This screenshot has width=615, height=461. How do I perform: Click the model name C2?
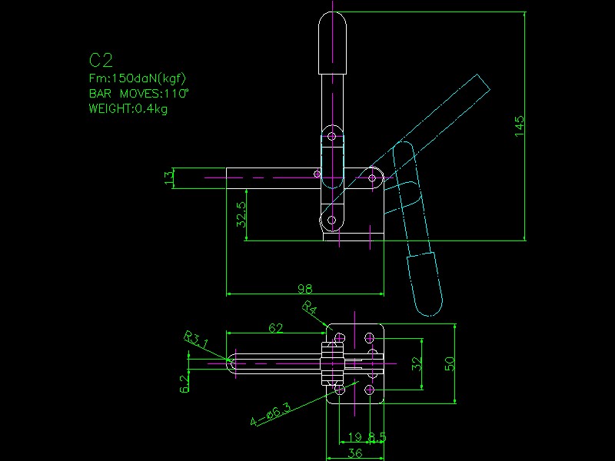coord(101,61)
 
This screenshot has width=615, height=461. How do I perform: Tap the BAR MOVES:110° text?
coord(138,94)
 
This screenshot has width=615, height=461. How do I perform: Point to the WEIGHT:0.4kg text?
coord(128,109)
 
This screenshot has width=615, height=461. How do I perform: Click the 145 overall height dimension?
coord(520,126)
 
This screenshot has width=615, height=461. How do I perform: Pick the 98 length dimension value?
coord(304,289)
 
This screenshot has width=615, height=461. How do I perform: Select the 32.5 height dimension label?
coord(241,215)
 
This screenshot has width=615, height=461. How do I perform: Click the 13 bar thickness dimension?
coord(168,177)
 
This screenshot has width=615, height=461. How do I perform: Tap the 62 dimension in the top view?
coord(275,328)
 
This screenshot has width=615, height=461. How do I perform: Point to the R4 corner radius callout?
coord(309,309)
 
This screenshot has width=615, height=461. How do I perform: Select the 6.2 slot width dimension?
coord(184,383)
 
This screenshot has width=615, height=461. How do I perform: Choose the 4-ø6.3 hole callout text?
coord(270,416)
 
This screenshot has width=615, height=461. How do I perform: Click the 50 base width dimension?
coord(450,363)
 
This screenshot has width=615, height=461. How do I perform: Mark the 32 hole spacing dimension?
coord(417,363)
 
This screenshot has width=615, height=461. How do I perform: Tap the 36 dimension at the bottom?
coord(354,453)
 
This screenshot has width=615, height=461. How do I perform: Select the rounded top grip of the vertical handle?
coord(333,42)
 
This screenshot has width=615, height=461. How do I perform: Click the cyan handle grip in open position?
coord(425,284)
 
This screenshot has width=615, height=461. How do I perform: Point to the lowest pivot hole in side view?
coord(332,221)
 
